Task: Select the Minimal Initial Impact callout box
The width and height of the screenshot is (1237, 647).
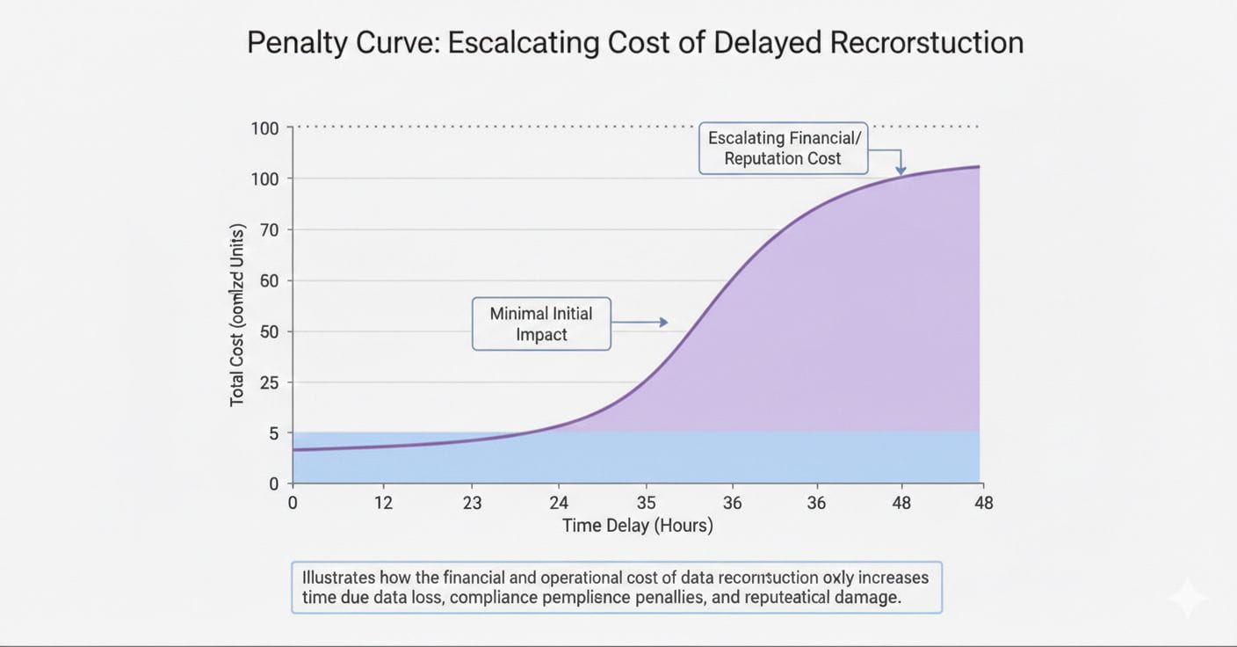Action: pos(541,323)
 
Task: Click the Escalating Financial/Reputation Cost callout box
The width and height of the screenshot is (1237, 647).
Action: pos(783,148)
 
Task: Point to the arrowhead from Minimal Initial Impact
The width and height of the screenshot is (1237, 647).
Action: pos(663,323)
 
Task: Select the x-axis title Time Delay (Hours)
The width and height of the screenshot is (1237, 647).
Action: pos(638,526)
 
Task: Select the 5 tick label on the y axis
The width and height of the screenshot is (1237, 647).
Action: pos(273,433)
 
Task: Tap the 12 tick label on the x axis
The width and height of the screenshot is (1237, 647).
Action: pos(383,503)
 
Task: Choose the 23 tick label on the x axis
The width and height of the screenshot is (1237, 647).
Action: pos(473,503)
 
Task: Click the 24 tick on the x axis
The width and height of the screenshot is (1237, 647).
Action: pos(559,503)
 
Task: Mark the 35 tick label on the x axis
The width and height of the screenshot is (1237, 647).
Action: pos(646,503)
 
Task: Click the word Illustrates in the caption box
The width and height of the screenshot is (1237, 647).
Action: pos(338,578)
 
